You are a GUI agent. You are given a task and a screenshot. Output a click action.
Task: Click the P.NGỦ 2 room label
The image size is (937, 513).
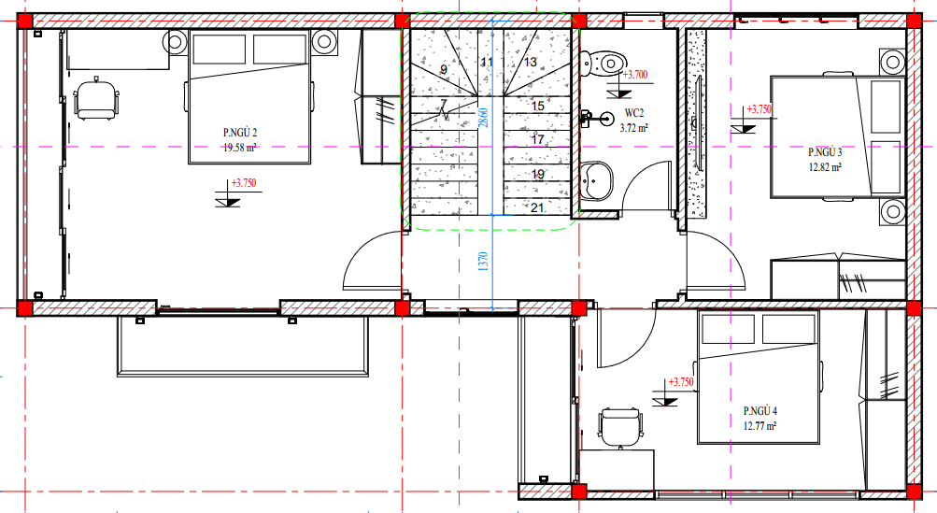click(240, 132)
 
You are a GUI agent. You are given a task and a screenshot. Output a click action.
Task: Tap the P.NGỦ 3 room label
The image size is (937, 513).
click(825, 152)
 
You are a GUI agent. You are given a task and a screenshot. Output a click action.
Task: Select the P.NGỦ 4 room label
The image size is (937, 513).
click(760, 411)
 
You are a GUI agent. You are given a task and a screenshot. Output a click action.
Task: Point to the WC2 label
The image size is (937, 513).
click(634, 113)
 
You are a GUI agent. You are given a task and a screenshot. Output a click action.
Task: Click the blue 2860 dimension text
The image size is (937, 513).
click(483, 117)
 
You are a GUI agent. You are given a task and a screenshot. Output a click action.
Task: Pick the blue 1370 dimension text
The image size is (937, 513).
click(483, 262)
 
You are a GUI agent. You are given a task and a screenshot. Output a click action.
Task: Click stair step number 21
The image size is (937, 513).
click(537, 207)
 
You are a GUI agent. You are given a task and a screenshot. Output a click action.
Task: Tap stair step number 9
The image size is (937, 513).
click(444, 70)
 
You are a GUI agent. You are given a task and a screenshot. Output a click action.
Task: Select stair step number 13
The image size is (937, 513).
click(530, 62)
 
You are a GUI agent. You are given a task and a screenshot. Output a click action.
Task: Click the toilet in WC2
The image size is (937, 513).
click(603, 64)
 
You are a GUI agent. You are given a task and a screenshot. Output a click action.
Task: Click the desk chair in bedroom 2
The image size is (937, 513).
click(95, 99)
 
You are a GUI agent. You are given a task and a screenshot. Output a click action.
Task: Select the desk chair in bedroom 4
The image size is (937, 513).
click(620, 428)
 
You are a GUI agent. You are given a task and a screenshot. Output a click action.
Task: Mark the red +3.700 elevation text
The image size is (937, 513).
click(634, 76)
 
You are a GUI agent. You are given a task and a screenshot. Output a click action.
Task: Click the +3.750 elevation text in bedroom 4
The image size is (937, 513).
click(681, 382)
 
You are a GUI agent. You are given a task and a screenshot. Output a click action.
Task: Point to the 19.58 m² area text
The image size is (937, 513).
click(240, 148)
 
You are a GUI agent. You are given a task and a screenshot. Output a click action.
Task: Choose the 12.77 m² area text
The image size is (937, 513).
click(760, 426)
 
